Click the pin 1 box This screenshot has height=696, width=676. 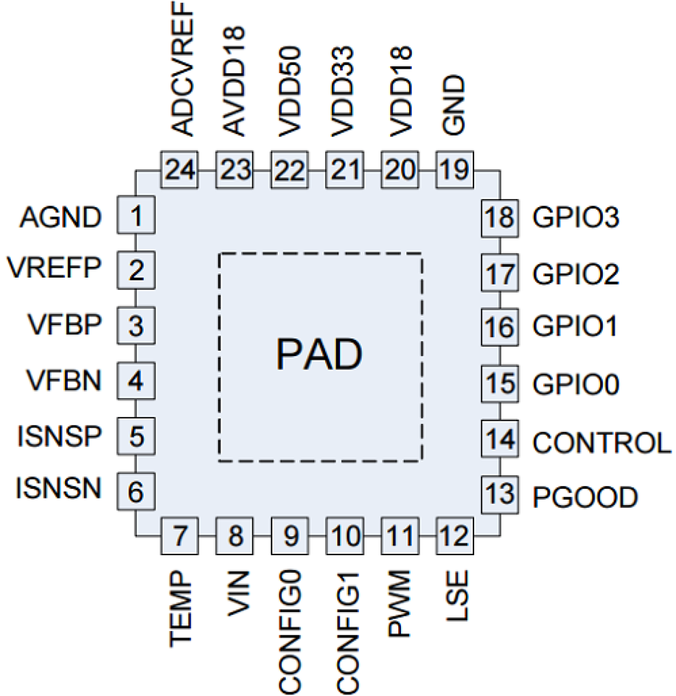pyautogui.click(x=136, y=215)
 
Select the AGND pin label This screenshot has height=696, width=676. pyautogui.click(x=60, y=218)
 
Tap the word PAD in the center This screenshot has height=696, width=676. pyautogui.click(x=319, y=354)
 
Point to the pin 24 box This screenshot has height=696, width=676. pyautogui.click(x=180, y=170)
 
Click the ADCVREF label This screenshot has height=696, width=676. pyautogui.click(x=182, y=69)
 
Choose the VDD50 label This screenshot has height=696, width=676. pyautogui.click(x=290, y=91)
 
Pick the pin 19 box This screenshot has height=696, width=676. pyautogui.click(x=454, y=170)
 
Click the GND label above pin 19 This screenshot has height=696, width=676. pyautogui.click(x=454, y=105)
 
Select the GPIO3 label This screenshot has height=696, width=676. pyautogui.click(x=575, y=217)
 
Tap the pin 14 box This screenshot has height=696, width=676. pyautogui.click(x=500, y=439)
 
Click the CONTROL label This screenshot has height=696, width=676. pyautogui.click(x=601, y=443)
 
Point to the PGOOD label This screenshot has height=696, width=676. pyautogui.click(x=585, y=497)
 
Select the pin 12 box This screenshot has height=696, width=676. pyautogui.click(x=454, y=536)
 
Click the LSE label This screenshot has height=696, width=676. pyautogui.click(x=457, y=596)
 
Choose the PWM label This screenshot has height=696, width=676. pyautogui.click(x=399, y=603)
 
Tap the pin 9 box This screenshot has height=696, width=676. pyautogui.click(x=290, y=536)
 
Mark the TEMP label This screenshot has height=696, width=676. pyautogui.click(x=180, y=609)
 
